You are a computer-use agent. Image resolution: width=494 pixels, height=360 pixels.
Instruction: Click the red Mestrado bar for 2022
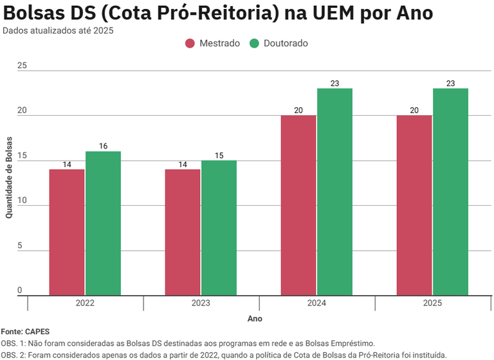point(67,232)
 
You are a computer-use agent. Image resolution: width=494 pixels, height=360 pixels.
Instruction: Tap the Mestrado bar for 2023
point(183,232)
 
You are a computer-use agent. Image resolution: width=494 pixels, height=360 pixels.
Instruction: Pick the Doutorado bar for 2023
point(219,228)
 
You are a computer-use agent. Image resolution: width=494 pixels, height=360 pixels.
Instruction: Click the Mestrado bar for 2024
point(298,205)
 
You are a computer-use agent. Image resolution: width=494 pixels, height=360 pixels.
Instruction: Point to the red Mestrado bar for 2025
point(414,205)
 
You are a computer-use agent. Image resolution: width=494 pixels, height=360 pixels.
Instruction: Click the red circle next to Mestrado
point(190,43)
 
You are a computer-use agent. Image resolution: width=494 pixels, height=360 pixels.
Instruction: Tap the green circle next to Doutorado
point(255,43)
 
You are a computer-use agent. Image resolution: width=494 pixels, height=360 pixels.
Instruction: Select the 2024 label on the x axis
point(316,303)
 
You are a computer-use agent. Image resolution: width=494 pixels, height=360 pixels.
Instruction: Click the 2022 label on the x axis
point(85,303)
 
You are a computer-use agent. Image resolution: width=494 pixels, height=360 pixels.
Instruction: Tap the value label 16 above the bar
point(103,146)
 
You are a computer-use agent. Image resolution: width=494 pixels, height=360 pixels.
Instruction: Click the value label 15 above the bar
point(219,155)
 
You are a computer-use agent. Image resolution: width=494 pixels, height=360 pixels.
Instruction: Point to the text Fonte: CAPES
point(25,332)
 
